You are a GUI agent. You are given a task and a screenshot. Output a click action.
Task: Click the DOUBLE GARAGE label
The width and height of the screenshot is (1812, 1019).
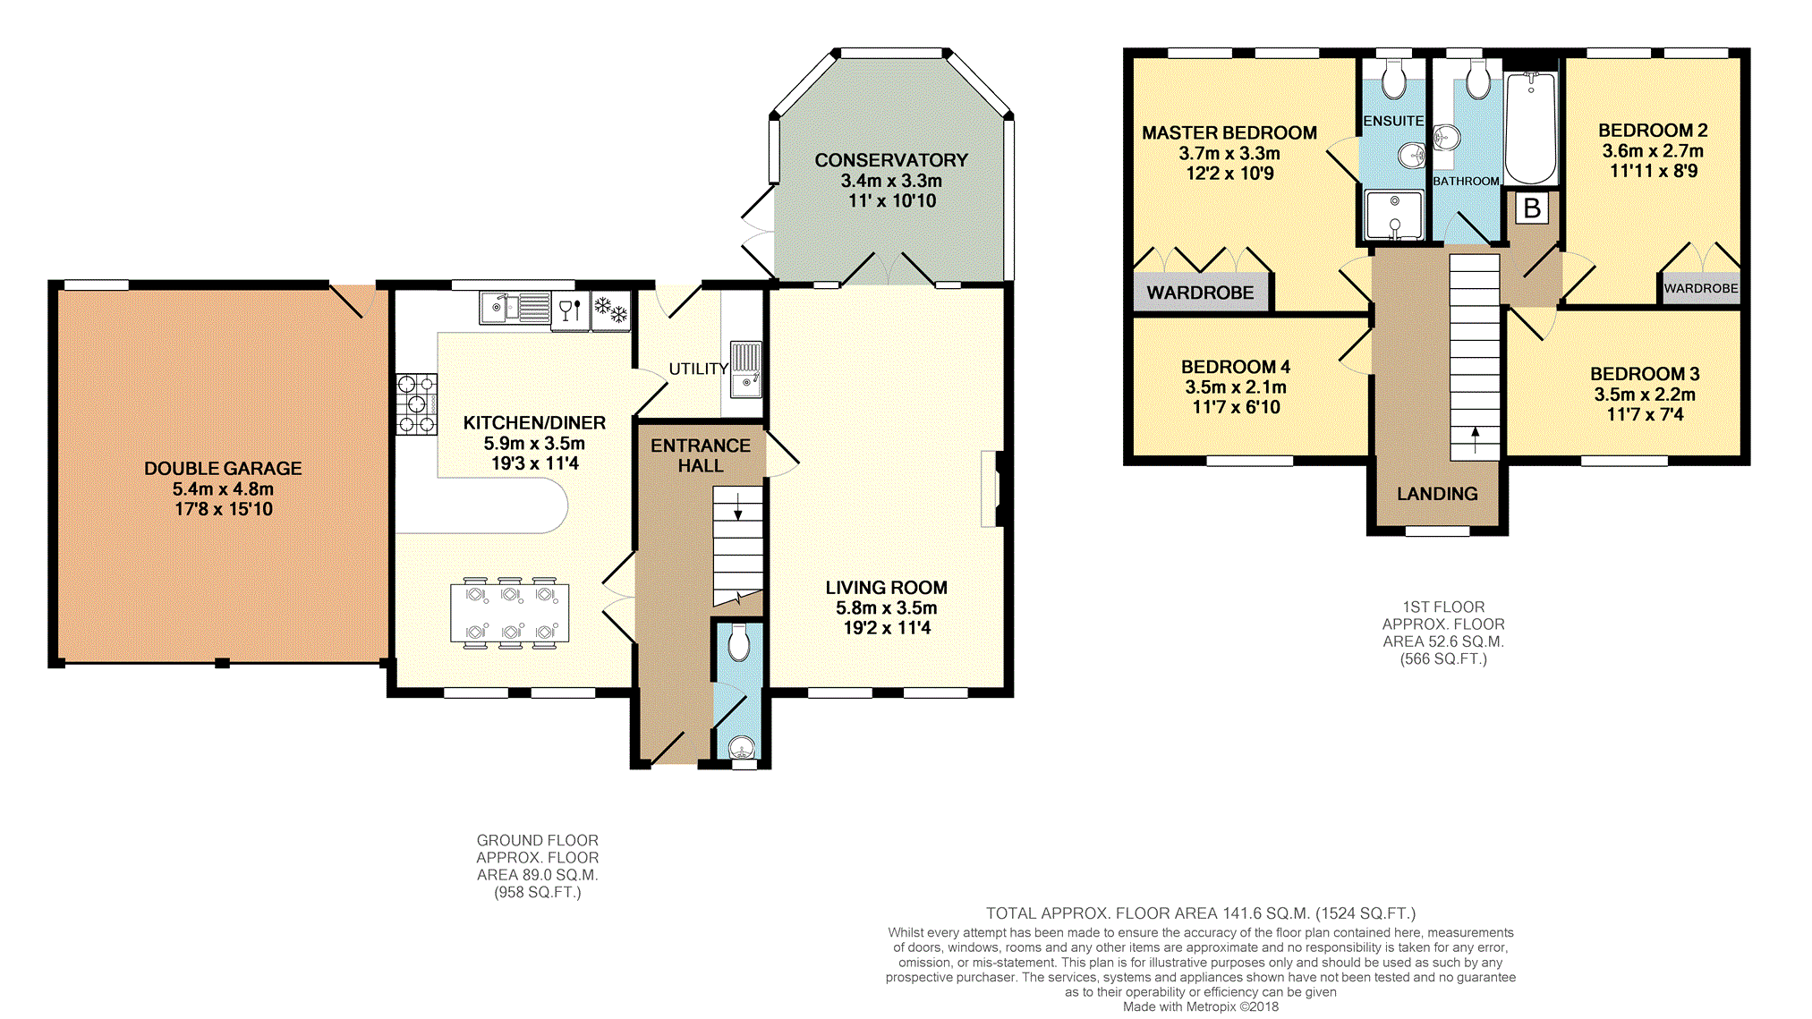pos(223,468)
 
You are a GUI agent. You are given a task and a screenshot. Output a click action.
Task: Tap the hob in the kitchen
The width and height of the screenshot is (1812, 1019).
pos(417,403)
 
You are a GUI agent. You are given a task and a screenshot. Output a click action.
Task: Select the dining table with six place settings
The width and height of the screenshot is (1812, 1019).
pos(510,613)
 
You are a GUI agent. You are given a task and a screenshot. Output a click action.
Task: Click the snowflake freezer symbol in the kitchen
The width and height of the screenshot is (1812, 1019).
pos(611,310)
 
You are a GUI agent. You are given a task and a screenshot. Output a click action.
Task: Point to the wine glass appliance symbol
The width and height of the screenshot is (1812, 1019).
pos(570,310)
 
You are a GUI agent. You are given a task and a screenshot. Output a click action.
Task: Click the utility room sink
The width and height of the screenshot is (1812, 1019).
pos(745,369)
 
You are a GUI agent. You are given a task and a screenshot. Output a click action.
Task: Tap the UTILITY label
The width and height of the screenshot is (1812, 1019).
pos(698,369)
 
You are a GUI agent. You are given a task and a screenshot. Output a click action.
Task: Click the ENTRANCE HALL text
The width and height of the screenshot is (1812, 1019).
pos(701,455)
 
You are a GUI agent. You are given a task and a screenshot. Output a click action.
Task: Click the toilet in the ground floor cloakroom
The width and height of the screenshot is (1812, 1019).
pos(739,643)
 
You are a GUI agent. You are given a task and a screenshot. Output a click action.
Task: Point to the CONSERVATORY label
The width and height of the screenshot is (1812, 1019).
pos(891,160)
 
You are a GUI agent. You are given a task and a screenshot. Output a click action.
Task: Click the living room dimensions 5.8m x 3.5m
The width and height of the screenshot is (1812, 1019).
pos(887,608)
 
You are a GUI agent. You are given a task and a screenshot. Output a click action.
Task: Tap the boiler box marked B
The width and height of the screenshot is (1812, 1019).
pos(1532,208)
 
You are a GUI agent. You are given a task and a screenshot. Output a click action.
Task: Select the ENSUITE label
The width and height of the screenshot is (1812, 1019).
pos(1393,121)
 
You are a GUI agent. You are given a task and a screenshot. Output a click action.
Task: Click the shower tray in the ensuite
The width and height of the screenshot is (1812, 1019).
pos(1394,215)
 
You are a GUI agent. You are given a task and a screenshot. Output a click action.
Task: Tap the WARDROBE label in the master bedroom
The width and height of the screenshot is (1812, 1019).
pos(1200,293)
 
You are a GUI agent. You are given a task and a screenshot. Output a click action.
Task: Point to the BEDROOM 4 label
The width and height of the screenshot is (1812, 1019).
pos(1236,367)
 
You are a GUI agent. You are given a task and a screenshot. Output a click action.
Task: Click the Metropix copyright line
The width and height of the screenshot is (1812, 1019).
pos(1201,1006)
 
